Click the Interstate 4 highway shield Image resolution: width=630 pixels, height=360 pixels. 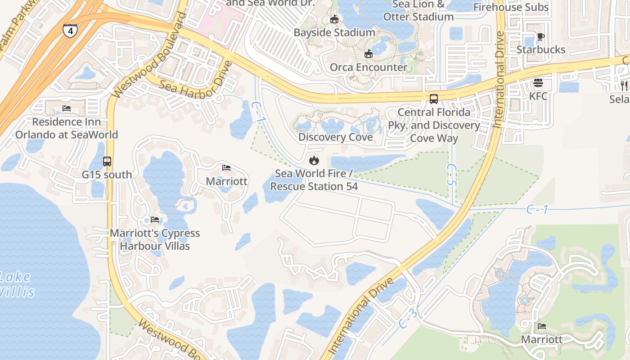coord(70,31)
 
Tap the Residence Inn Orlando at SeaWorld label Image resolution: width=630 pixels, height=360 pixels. coord(67,128)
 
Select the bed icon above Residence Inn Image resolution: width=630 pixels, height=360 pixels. coord(67,109)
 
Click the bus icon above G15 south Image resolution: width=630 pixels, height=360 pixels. coord(107,161)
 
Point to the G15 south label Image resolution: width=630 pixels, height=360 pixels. coord(107,175)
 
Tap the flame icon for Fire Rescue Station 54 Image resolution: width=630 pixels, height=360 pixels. coord(314,160)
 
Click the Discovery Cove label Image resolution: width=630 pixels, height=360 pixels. coord(336,137)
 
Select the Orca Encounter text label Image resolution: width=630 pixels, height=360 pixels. coord(369,67)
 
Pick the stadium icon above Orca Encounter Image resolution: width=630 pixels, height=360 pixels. coord(369,54)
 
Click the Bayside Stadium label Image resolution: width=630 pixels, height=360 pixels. coord(334,32)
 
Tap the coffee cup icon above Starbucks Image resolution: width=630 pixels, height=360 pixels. coord(541,36)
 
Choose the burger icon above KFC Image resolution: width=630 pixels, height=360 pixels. coord(538,83)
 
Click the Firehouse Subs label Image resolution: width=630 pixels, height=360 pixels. coord(511,7)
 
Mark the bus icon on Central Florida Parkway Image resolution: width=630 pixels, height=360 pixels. coord(434,99)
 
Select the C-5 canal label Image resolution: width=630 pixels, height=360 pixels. coord(452,175)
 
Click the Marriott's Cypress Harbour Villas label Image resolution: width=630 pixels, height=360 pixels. coord(155,239)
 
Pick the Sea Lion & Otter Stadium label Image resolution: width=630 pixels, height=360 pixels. coord(418,11)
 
